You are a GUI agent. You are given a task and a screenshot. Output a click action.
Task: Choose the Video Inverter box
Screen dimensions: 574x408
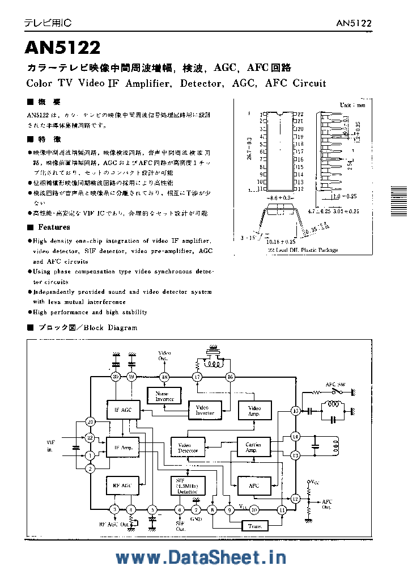[x=205, y=410]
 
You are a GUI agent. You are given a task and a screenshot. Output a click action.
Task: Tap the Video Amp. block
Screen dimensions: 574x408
[x=255, y=410]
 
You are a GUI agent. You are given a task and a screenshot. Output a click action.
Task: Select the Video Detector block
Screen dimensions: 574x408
[x=188, y=448]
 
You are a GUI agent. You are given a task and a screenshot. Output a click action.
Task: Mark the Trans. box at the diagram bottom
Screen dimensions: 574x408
[x=255, y=526]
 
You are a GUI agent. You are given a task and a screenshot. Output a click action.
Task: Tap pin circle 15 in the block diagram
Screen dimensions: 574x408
[x=295, y=410]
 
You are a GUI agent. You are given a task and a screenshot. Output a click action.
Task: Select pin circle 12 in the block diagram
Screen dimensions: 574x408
[x=295, y=499]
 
